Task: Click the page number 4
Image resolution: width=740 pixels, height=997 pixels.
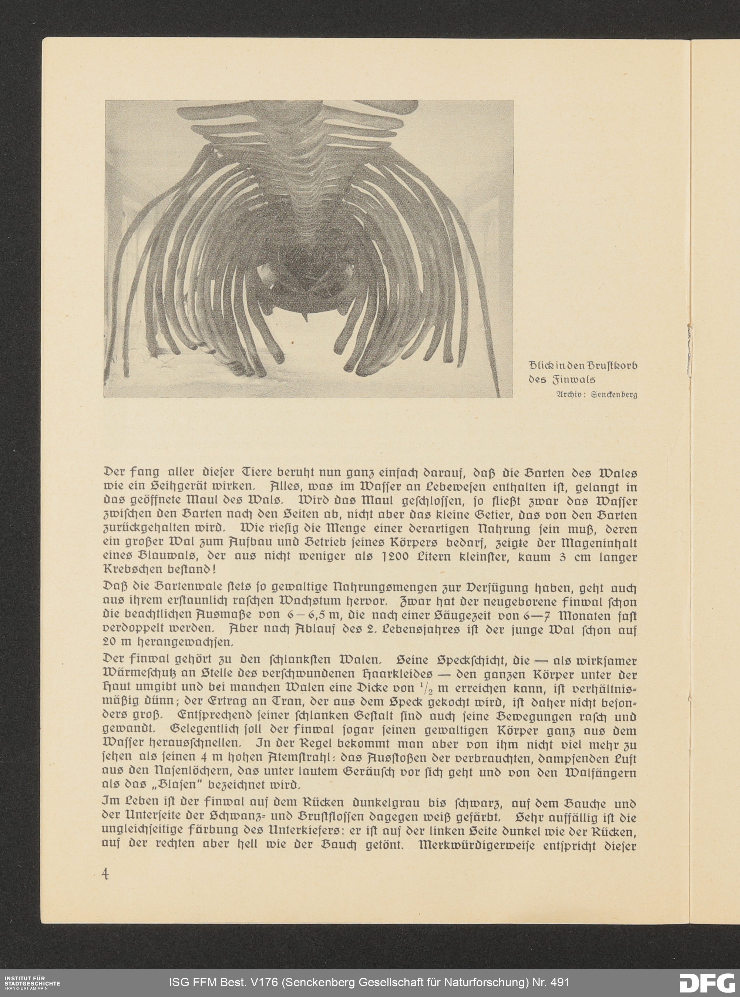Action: click(106, 874)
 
